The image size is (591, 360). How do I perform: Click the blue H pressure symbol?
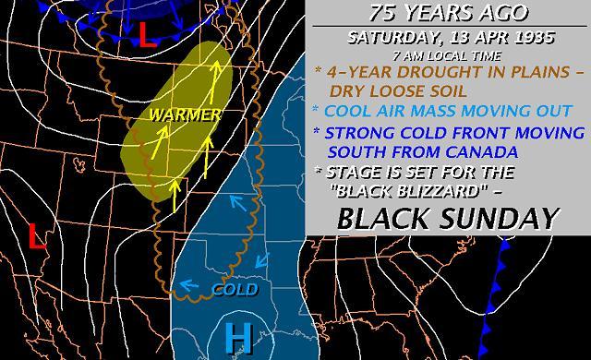coord(239,338)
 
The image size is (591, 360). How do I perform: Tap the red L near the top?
coord(145,34)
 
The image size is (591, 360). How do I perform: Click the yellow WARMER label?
coord(190,116)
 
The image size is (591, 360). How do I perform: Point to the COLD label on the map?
coord(235,290)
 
